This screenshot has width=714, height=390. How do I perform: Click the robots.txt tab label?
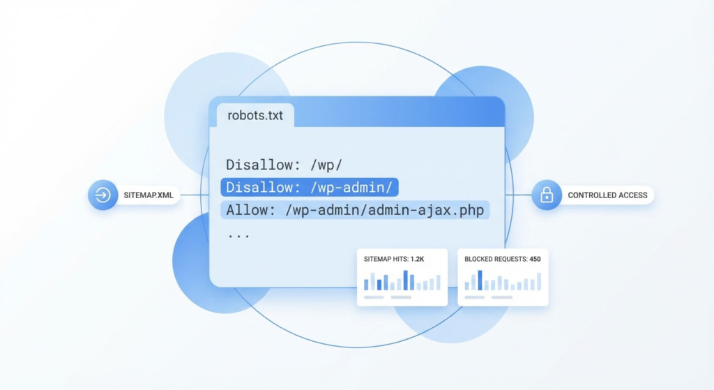255,115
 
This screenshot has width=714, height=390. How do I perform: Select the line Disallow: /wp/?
284,165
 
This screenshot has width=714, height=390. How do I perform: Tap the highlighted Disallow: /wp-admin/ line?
309,187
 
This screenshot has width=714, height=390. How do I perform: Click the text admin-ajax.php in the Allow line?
426,210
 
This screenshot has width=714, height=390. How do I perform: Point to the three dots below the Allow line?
238,236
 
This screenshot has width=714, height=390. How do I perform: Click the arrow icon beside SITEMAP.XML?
103,195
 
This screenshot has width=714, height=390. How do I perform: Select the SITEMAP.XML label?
149,195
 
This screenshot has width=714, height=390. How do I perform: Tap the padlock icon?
547,195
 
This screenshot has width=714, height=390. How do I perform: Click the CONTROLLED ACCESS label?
607,195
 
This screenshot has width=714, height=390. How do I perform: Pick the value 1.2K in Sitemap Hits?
417,259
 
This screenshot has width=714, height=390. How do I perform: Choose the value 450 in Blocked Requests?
535,259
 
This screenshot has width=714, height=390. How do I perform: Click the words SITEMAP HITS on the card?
386,259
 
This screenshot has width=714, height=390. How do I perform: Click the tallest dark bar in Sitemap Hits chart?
405,280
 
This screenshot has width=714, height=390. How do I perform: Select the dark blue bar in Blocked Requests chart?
480,280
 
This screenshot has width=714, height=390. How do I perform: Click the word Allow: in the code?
251,210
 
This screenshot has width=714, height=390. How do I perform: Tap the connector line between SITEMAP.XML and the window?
195,195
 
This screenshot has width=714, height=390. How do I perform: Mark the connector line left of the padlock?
518,195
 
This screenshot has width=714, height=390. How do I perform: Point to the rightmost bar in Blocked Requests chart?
539,282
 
